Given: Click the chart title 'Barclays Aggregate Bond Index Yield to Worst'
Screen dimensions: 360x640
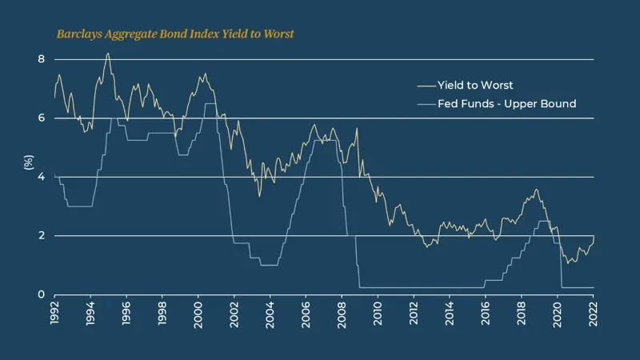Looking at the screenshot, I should [175, 34].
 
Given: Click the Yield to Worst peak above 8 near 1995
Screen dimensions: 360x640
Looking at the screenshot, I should [108, 54].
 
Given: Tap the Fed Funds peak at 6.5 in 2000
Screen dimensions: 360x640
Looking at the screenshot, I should [210, 103].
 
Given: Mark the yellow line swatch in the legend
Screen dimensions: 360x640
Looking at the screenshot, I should [426, 85].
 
